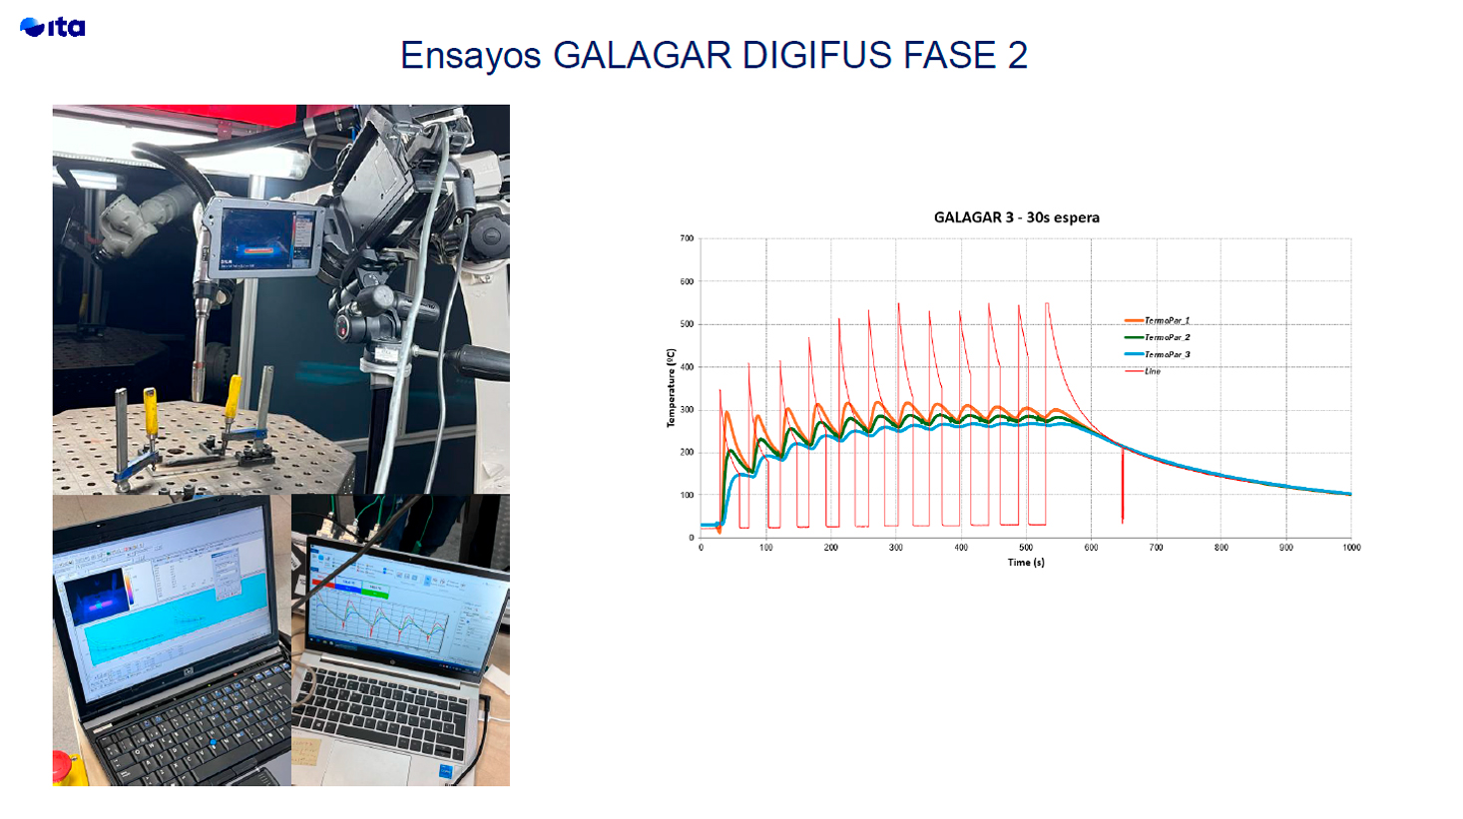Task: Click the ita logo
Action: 52,27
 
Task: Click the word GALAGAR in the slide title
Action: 642,55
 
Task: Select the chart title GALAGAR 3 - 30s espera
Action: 1016,217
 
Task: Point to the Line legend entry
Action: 1152,371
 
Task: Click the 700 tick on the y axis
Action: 687,238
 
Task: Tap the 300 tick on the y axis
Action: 687,410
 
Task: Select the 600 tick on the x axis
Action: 1091,548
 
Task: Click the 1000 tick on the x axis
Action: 1350,548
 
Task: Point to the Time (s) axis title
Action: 1026,563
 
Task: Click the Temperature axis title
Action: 671,388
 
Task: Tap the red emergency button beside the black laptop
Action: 61,768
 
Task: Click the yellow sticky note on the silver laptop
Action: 303,749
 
